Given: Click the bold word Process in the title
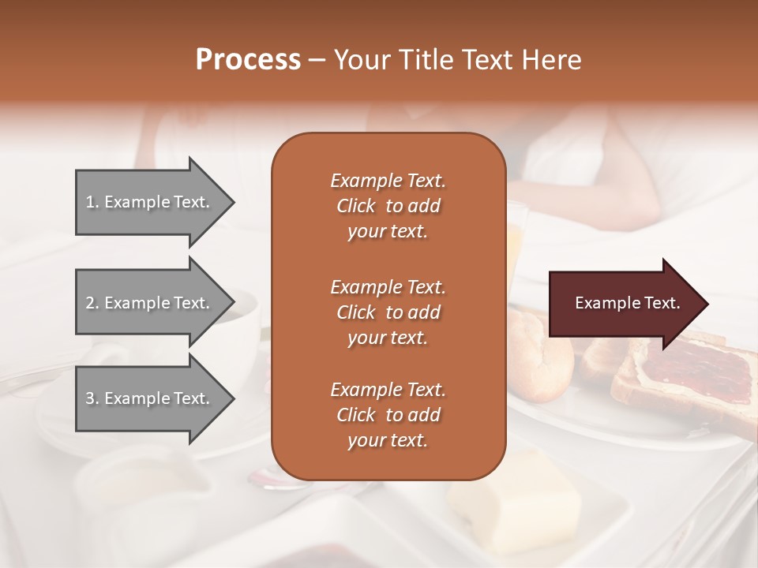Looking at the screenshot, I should click(248, 60).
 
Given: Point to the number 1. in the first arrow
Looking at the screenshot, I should click(92, 202).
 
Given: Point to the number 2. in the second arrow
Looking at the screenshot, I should click(92, 303).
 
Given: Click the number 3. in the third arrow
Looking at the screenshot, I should click(92, 398).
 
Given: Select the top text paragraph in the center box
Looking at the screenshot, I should click(388, 206).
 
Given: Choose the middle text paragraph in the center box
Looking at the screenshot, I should click(388, 312).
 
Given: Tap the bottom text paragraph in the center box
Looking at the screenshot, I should click(388, 415).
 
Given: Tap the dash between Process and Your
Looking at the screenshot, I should click(317, 61).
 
